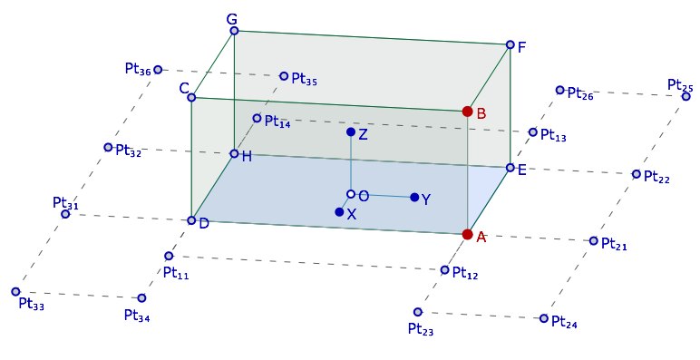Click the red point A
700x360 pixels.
(x=467, y=235)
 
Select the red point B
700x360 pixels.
(x=467, y=112)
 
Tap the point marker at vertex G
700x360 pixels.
(x=234, y=31)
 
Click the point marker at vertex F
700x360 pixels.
(x=510, y=44)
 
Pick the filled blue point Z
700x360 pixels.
(x=351, y=131)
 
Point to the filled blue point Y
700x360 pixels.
(x=414, y=197)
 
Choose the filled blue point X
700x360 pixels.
(x=339, y=211)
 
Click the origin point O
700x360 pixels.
(x=351, y=194)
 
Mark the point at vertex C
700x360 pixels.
(x=191, y=97)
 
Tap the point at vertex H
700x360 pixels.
(x=234, y=153)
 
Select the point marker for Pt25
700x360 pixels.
(x=686, y=96)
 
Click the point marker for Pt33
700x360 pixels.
(x=15, y=292)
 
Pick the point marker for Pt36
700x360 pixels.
(x=158, y=70)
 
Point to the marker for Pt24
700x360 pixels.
(x=544, y=318)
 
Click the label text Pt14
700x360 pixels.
(x=277, y=122)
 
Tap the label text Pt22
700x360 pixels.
(x=656, y=177)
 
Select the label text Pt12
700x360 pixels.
(x=465, y=273)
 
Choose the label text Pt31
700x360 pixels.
(x=65, y=203)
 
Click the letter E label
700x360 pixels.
(x=522, y=170)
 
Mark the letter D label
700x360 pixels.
(x=204, y=223)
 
